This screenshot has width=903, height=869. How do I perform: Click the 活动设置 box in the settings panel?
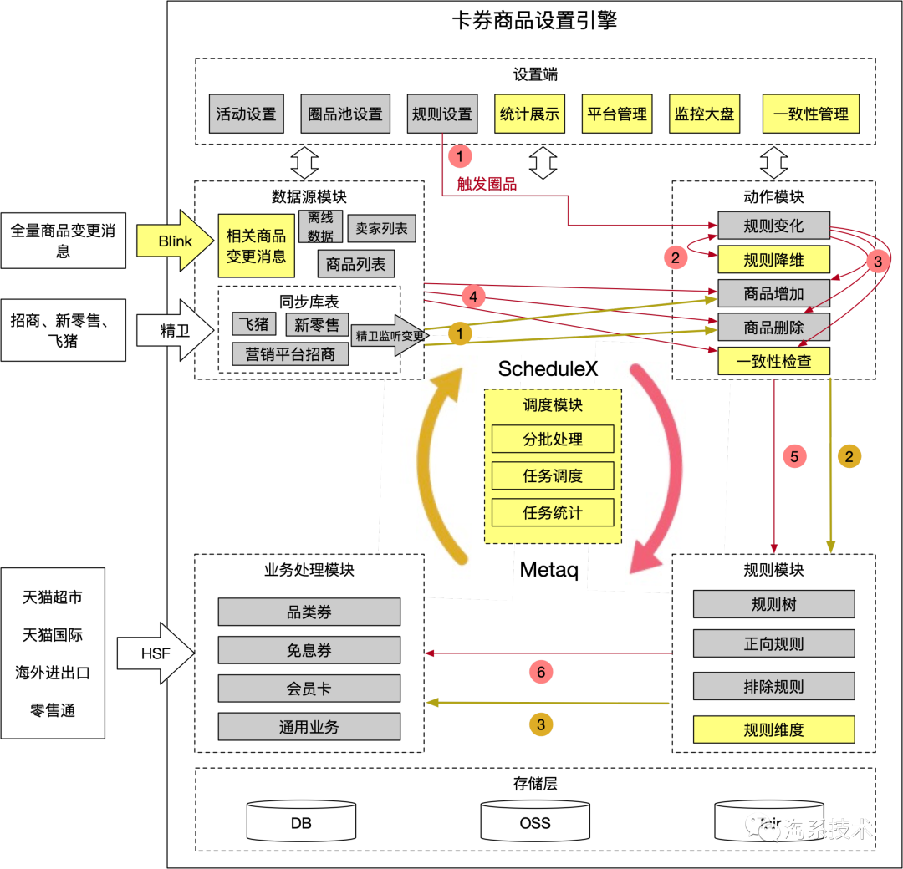[246, 114]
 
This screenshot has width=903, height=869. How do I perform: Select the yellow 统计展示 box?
[529, 114]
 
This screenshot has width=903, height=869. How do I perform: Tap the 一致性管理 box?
[810, 114]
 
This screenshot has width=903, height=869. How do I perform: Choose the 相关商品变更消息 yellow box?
[256, 246]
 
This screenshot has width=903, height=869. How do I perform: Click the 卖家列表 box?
[381, 228]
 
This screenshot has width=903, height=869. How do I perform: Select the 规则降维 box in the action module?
[773, 260]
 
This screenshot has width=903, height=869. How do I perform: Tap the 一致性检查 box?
[773, 361]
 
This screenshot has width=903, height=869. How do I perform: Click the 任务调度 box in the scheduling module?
[553, 476]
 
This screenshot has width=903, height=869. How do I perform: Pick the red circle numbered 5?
[794, 456]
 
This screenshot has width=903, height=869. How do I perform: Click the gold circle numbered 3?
[541, 724]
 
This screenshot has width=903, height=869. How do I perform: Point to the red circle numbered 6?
[541, 672]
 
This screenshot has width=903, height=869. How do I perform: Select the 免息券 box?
[309, 650]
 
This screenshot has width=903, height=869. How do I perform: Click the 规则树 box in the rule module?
[773, 604]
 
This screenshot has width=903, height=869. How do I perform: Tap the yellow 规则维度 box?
[773, 729]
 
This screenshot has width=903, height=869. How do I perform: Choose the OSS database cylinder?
[535, 821]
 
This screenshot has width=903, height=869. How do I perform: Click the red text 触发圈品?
[487, 185]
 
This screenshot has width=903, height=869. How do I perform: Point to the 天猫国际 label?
[53, 635]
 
